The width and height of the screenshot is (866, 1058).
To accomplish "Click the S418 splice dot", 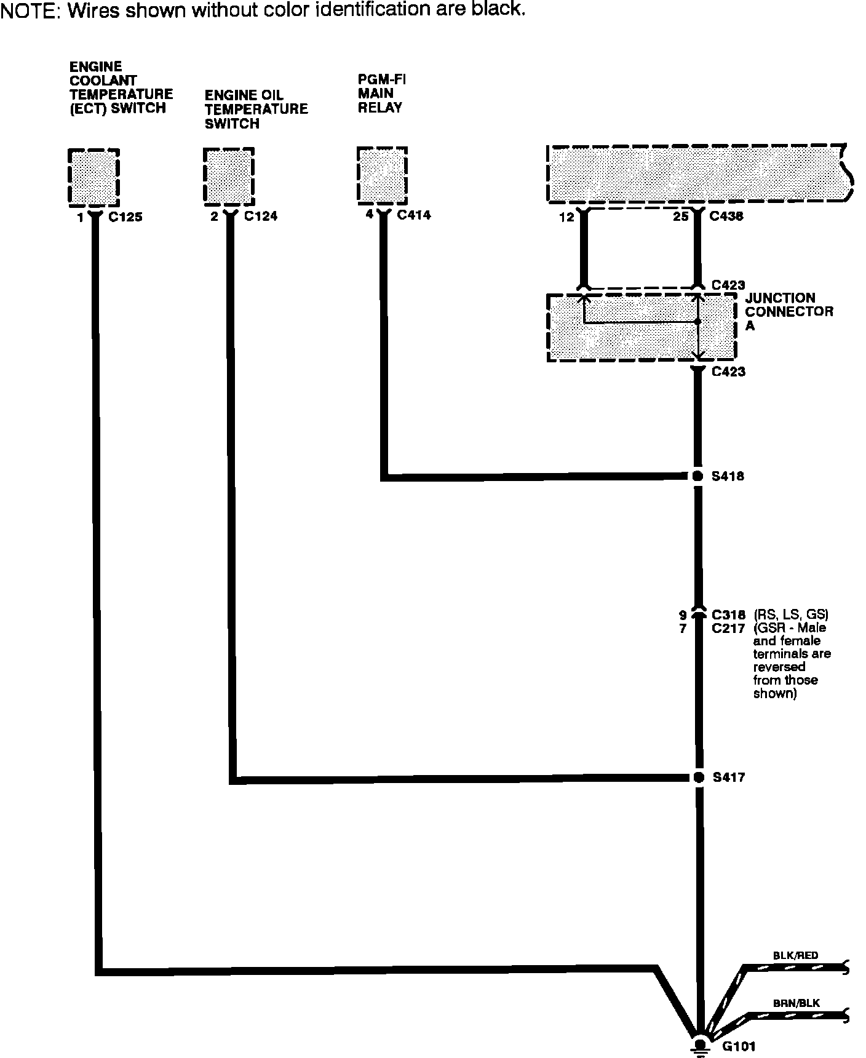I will coord(697,475).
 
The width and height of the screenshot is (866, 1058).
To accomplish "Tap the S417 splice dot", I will coord(698,777).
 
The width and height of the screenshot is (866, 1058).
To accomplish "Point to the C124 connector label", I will coord(260,216).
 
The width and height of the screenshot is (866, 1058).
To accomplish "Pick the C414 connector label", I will coord(413,215).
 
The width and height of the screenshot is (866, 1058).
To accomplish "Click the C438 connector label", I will coord(726,216).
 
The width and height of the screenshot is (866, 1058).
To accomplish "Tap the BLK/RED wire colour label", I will coord(795,955).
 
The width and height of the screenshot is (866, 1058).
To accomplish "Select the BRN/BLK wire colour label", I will coord(796,1003).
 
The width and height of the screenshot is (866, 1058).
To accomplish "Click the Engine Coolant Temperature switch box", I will coord(93,177).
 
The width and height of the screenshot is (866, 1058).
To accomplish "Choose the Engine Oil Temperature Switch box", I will coord(228,177).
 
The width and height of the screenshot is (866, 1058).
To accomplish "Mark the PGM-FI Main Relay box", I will coord(382,175).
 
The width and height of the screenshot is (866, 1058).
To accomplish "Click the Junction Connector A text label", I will coord(789,311).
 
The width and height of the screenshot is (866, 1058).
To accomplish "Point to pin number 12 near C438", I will coord(566,217).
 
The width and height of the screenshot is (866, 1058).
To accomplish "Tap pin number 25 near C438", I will coord(680,217).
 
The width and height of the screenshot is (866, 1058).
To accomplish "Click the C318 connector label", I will coord(729,615).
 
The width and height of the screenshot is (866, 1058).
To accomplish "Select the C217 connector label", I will coord(729,629).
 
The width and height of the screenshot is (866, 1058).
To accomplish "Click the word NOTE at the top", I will coord(30,11).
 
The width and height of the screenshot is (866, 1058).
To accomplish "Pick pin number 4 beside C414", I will coord(369,215).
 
